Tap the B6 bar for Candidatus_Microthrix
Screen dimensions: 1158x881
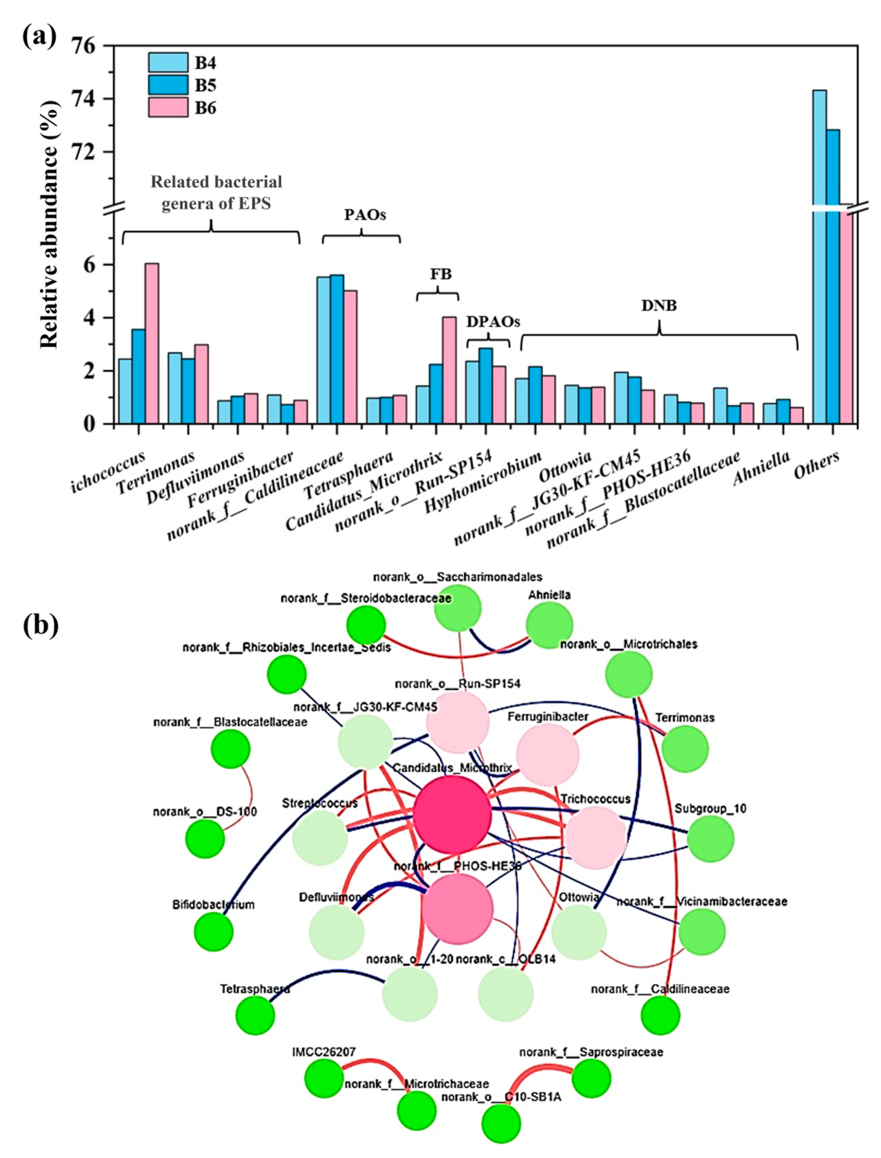pos(449,370)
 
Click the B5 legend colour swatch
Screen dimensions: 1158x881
pos(168,85)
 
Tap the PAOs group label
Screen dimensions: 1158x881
pos(365,215)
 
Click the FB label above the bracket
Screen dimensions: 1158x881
pos(441,274)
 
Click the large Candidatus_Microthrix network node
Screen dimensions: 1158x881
pos(452,815)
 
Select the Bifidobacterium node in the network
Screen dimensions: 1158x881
pos(213,932)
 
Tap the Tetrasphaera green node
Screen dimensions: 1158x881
pos(255,1015)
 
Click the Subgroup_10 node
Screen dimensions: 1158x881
pos(711,839)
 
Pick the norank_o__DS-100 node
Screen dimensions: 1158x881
pos(205,839)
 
